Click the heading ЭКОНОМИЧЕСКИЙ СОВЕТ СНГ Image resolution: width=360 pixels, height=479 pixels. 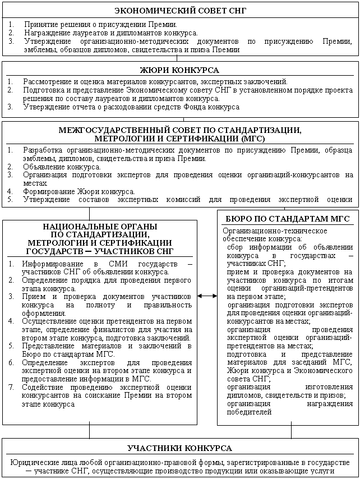pyautogui.click(x=179, y=11)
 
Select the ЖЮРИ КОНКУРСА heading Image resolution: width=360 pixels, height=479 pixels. pyautogui.click(x=179, y=70)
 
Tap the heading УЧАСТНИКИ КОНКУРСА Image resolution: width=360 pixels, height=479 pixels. pyautogui.click(x=179, y=449)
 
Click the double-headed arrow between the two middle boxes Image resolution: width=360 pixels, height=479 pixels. pyautogui.click(x=207, y=296)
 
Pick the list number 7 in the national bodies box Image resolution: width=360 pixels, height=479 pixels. pyautogui.click(x=11, y=387)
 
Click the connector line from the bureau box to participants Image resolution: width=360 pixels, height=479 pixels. pyautogui.click(x=291, y=431)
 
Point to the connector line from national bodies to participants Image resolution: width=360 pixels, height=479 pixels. pyautogui.click(x=89, y=431)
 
